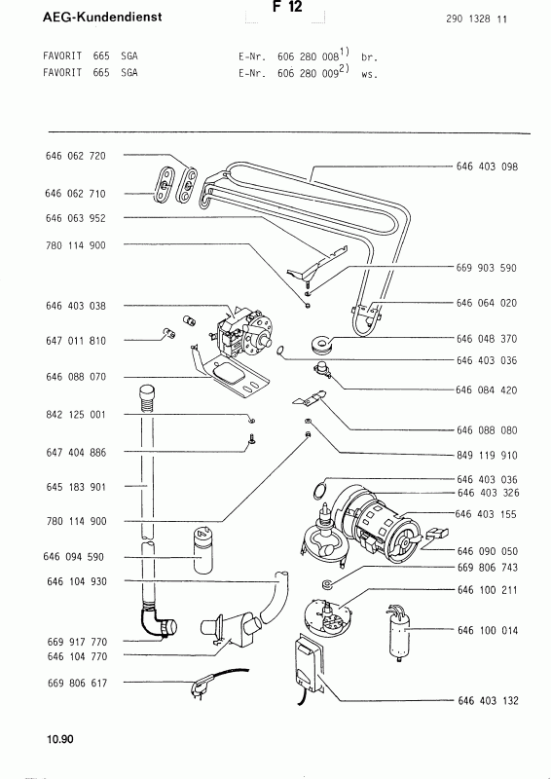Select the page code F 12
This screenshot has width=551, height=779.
pyautogui.click(x=290, y=7)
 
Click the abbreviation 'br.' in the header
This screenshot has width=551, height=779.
pyautogui.click(x=366, y=57)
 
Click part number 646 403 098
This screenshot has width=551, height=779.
pyautogui.click(x=487, y=167)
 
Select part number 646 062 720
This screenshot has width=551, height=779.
pyautogui.click(x=75, y=156)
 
